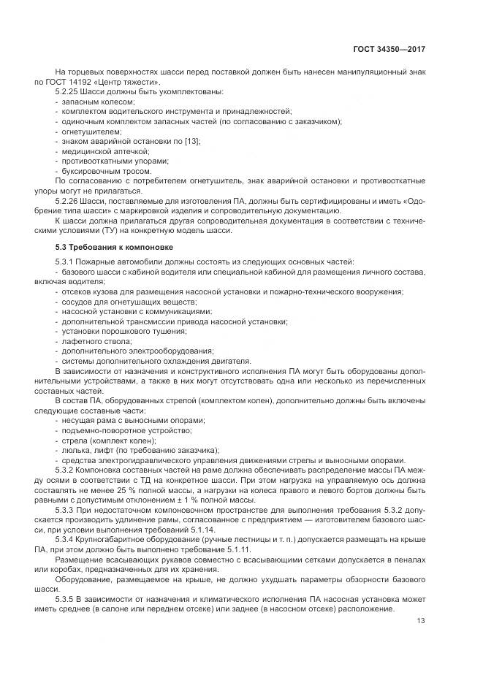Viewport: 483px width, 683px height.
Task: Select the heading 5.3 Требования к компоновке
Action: [x=104, y=248]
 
